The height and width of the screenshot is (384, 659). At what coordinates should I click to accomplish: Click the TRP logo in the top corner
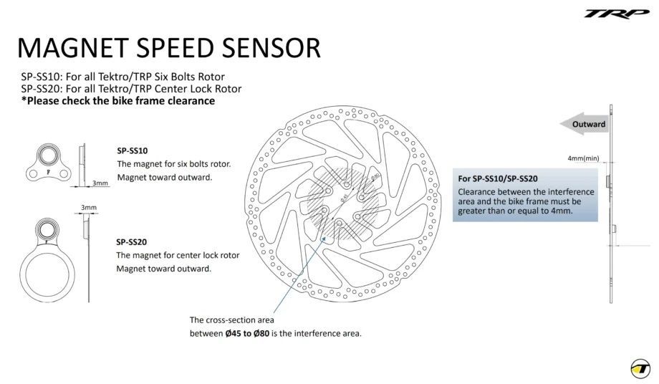pos(617,14)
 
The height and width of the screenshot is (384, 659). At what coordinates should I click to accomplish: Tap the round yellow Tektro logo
pos(640,368)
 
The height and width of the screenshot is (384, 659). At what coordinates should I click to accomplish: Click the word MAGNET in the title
pos(73,48)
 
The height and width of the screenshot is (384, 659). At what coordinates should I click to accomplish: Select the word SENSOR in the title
pos(271,48)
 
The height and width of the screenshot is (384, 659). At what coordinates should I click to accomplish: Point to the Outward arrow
pos(584,124)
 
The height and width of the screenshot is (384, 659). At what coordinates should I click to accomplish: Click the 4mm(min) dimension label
pos(583,158)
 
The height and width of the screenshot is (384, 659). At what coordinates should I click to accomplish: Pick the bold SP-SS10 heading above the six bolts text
pos(133,151)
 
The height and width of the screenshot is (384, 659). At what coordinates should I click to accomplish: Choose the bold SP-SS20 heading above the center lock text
pos(132,242)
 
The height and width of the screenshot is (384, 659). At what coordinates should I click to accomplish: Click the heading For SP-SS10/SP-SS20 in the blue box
pos(498,178)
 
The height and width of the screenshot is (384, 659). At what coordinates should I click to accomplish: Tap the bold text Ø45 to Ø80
pos(247,334)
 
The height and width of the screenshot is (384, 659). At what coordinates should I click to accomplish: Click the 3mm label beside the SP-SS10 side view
pos(100,183)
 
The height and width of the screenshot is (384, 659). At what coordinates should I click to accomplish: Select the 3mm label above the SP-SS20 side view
pos(89,208)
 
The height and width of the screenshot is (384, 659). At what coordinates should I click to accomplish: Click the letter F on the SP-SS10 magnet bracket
pos(48,172)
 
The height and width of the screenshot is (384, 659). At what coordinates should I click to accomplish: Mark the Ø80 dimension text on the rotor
pos(375,177)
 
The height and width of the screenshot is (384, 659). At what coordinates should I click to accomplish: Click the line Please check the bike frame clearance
pos(118,101)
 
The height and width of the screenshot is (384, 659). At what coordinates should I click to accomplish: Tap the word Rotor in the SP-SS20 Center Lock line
pos(229,89)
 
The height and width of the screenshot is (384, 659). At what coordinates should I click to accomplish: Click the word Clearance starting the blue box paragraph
pos(476,192)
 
